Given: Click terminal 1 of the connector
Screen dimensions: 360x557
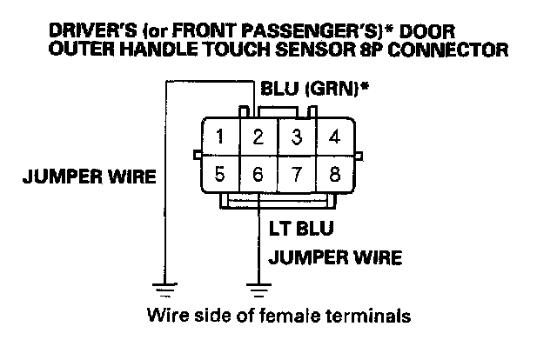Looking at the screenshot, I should [x=222, y=137].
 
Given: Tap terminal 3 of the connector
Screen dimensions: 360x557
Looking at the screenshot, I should [x=296, y=137].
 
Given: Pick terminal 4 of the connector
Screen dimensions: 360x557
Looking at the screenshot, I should [x=333, y=137].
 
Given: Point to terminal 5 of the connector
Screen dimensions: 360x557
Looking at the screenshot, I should [x=222, y=173].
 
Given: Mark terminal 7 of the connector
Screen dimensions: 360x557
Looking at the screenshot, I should [x=296, y=173].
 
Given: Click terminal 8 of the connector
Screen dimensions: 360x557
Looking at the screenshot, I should [x=333, y=173].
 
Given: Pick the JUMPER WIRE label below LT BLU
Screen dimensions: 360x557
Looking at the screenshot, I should [x=334, y=258].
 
